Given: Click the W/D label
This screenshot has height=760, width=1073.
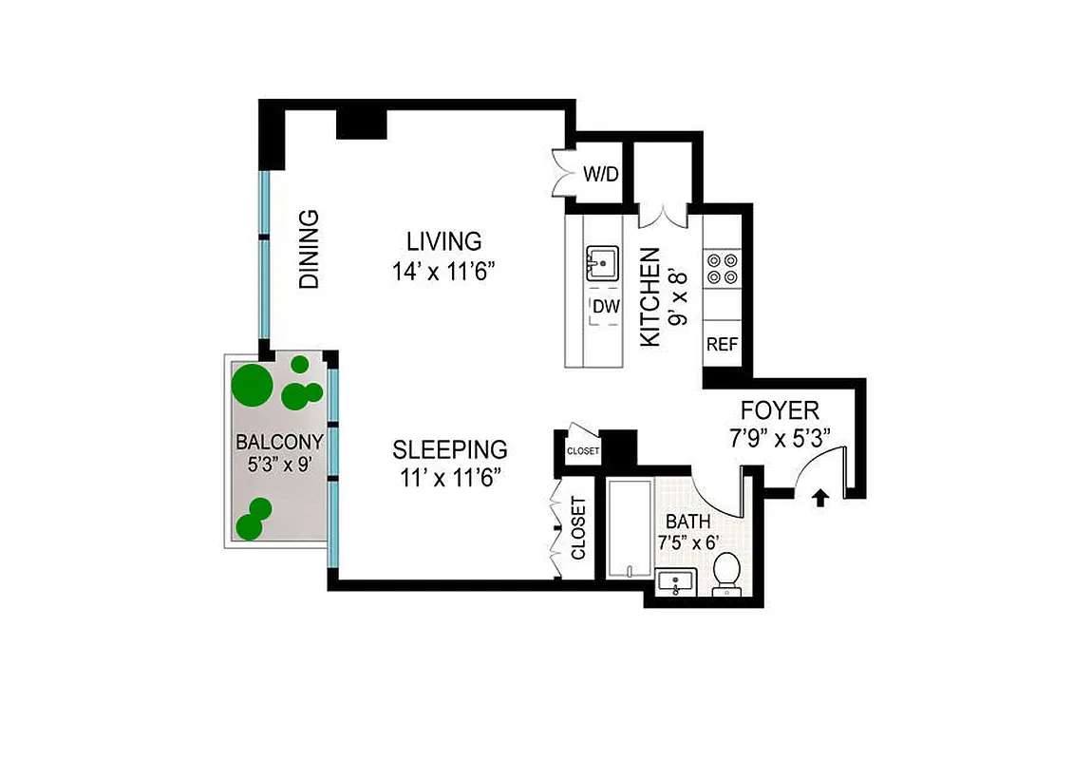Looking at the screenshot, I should click(600, 175).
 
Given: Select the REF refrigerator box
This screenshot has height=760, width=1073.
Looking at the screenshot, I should click(721, 345).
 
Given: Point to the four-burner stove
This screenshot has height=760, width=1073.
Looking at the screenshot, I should click(721, 267).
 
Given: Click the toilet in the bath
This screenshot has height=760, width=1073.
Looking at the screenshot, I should click(726, 574).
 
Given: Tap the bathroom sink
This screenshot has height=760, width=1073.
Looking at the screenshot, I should click(678, 582).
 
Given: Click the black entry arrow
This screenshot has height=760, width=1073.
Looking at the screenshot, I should click(821, 497).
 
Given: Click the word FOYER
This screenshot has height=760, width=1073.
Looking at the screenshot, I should click(780, 411).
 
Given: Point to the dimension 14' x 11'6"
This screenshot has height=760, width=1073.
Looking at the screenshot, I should click(444, 272).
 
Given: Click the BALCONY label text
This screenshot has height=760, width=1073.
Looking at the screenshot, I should click(280, 442).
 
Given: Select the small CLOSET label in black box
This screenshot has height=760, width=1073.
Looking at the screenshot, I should click(582, 450).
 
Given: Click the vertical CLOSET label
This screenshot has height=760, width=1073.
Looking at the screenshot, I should click(578, 528).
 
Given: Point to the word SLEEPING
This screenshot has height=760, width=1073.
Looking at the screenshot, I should click(450, 448).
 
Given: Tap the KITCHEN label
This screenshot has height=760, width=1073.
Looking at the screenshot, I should click(649, 296).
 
